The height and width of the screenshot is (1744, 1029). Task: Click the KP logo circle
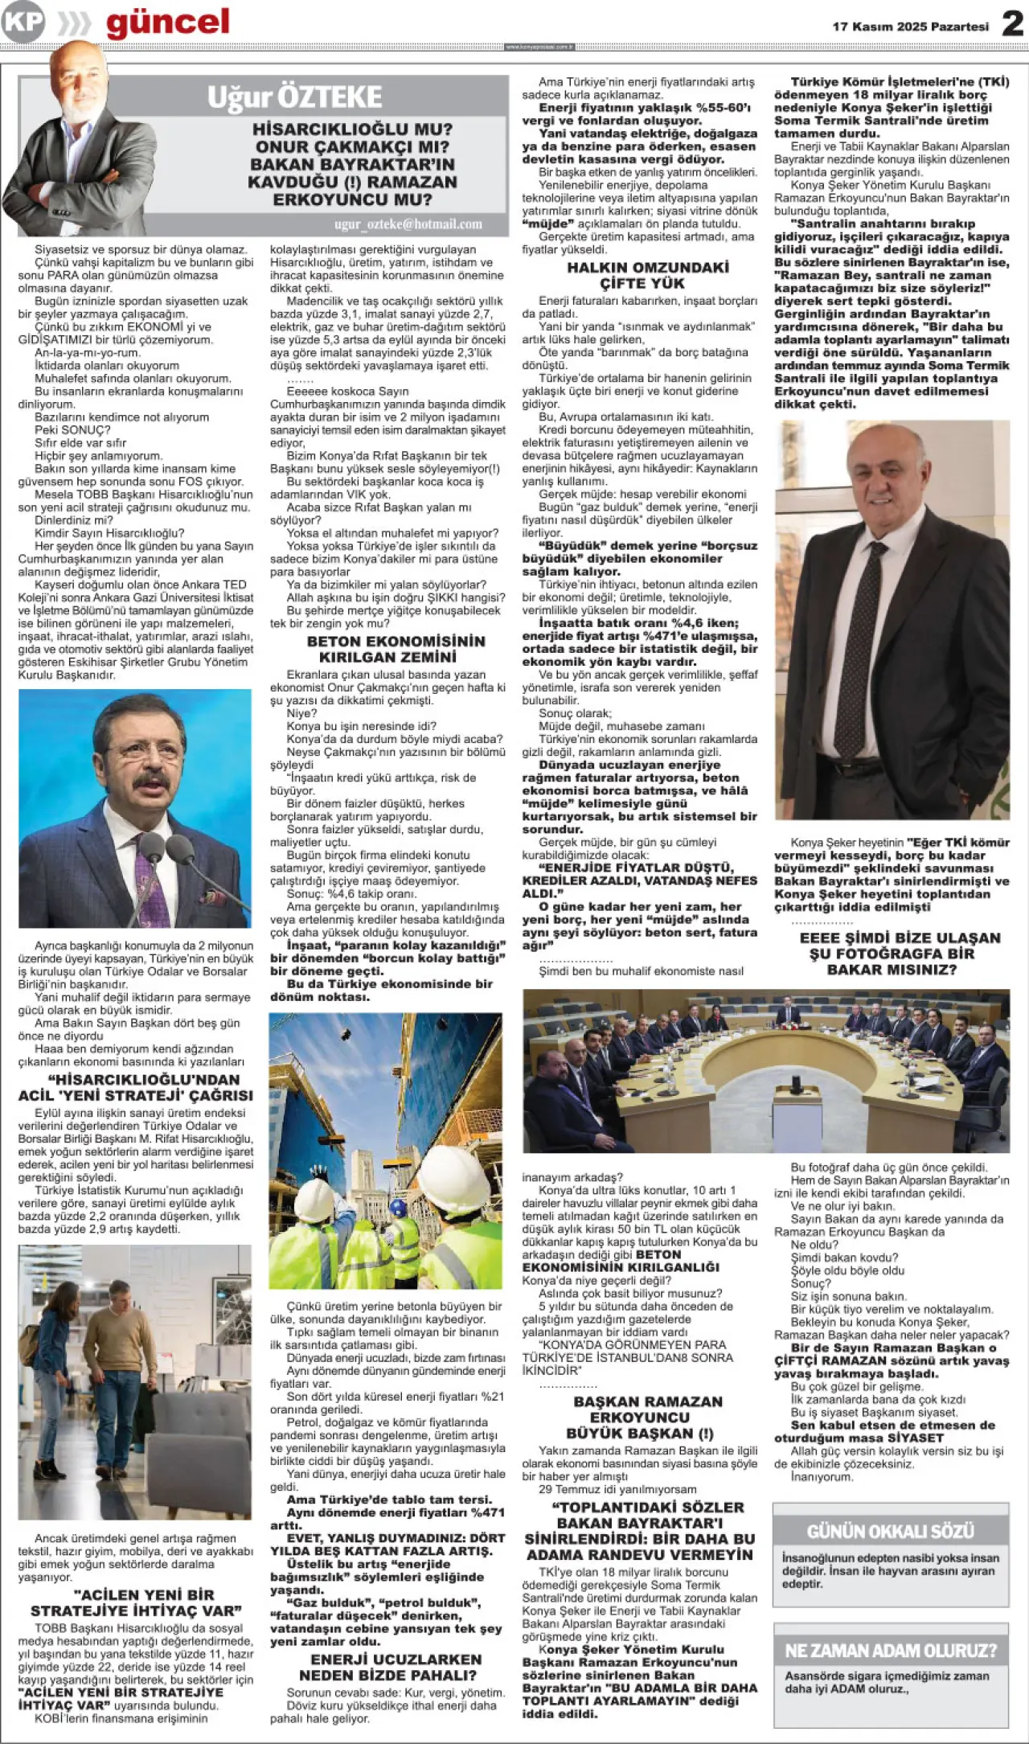tap(23, 23)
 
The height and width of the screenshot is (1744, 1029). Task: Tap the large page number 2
tap(1011, 24)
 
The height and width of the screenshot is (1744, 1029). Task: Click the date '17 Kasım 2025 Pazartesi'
tap(910, 27)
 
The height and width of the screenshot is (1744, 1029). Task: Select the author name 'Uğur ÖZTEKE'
tap(294, 97)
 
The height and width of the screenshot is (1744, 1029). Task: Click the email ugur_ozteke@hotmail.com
tap(408, 224)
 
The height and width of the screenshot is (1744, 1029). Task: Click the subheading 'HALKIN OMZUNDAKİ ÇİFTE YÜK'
tap(641, 275)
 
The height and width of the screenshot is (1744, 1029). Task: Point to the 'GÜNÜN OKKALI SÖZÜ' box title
tap(890, 1532)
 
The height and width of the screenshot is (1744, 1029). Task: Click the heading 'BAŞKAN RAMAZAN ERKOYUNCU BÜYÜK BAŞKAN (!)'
tap(640, 1417)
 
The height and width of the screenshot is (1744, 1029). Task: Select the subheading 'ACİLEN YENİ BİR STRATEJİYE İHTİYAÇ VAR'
tap(136, 1602)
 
